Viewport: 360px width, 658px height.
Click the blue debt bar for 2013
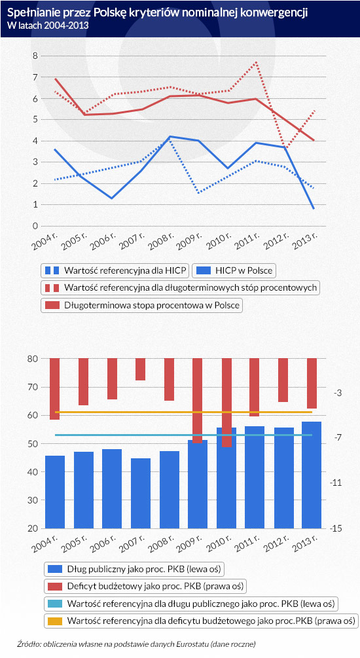tap(312, 475)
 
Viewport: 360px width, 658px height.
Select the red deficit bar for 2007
tap(141, 369)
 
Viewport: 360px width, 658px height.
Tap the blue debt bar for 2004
tap(55, 492)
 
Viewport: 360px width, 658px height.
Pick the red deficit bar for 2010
tap(226, 403)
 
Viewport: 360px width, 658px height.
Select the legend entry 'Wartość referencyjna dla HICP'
tap(115, 270)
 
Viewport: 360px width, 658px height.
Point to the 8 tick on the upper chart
tap(35, 56)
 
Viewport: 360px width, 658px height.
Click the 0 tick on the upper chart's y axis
tap(35, 226)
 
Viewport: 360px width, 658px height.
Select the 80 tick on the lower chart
tap(33, 359)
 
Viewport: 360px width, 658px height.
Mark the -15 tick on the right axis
tap(336, 528)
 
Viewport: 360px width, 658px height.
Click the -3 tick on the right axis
tap(337, 393)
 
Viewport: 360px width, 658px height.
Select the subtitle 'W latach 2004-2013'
tap(48, 25)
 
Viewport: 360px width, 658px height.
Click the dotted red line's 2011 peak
tap(255, 63)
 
